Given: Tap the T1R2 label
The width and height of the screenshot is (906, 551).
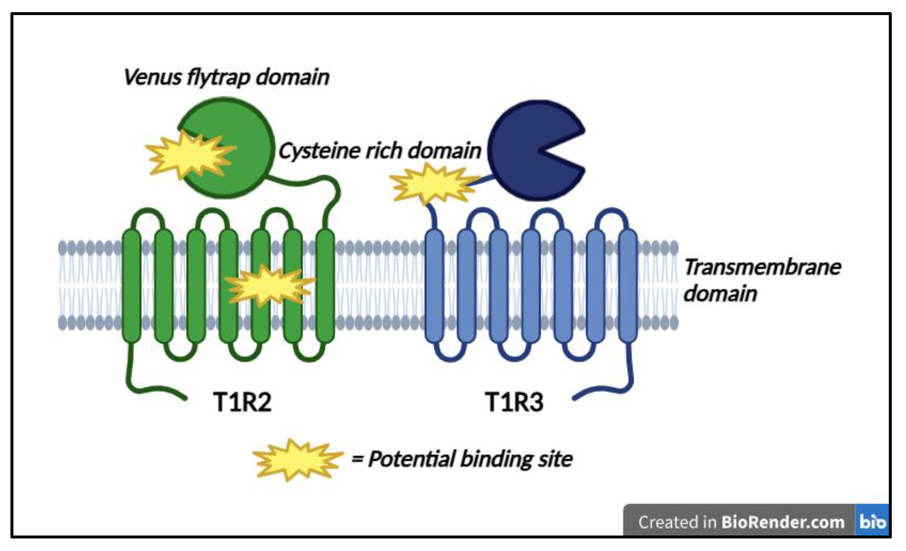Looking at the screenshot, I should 242,402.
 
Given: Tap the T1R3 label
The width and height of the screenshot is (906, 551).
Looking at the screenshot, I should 514,402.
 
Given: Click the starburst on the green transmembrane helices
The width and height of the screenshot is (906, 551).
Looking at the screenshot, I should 270,286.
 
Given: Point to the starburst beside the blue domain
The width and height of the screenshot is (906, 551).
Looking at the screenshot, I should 433,184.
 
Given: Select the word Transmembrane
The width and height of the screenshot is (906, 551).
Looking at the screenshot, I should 762,267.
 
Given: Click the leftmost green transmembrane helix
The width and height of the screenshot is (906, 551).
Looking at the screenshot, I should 131,286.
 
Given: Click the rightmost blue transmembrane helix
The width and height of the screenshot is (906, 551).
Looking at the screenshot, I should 628,286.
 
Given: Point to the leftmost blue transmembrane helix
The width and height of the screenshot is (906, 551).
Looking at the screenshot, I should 434,286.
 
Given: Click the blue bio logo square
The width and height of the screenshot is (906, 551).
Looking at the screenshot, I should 872,521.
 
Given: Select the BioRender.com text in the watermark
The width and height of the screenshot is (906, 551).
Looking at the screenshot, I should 782,522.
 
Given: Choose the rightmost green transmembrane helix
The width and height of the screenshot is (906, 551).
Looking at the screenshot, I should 325,286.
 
